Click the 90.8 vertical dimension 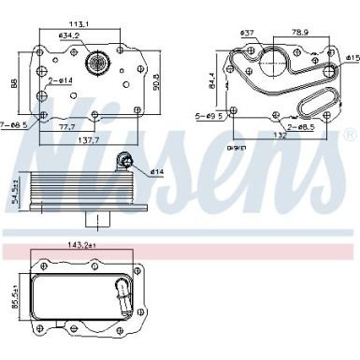[157, 82]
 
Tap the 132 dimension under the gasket [281, 134]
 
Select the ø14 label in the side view [155, 171]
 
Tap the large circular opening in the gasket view [271, 63]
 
